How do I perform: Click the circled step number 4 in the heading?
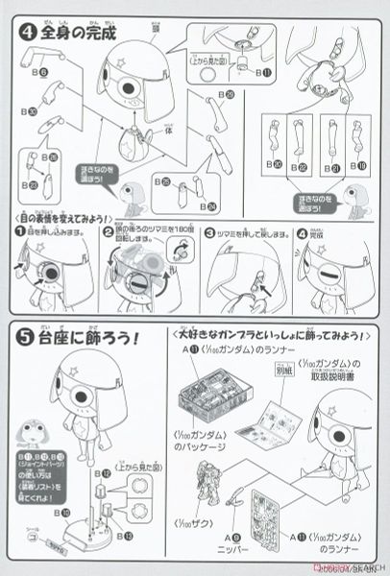(x=22, y=32)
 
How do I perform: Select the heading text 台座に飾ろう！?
(x=96, y=337)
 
